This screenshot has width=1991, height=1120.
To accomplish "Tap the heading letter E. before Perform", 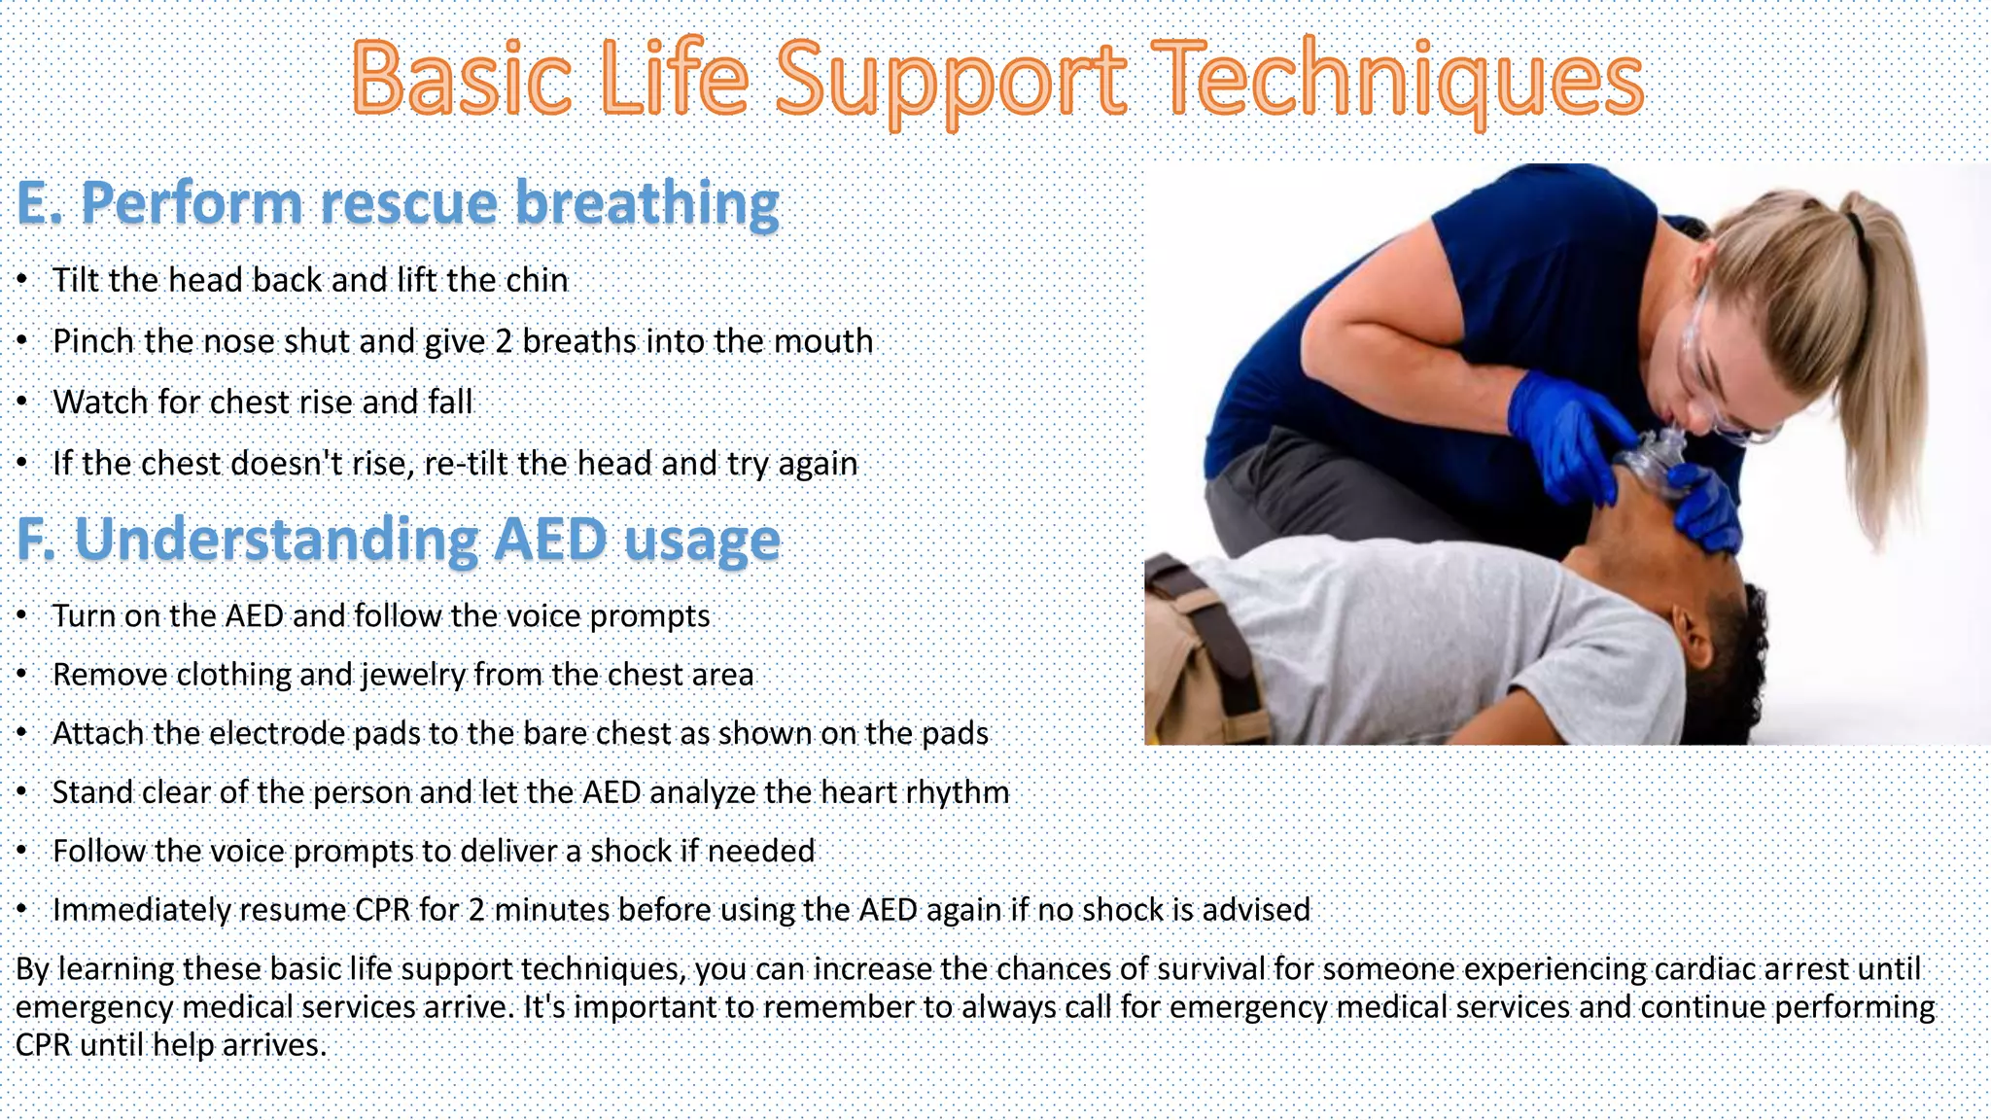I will [39, 204].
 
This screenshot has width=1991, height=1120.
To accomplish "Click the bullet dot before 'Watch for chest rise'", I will [22, 402].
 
